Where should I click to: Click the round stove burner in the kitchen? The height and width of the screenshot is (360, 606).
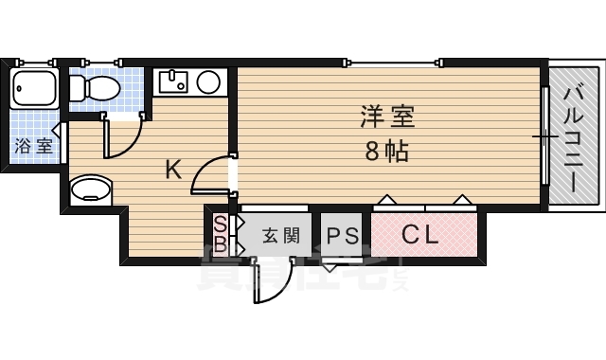point(207,83)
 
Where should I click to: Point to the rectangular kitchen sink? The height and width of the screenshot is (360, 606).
point(173,82)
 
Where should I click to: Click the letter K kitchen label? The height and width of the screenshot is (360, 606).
point(173,171)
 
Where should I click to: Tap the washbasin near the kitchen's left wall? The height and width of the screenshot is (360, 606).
point(92,189)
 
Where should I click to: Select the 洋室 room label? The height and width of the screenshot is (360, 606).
point(387,117)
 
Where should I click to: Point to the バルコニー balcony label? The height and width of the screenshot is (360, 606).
point(575,138)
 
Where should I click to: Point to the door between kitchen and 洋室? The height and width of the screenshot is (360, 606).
point(213,176)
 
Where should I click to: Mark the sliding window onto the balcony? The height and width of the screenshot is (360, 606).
point(544,136)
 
